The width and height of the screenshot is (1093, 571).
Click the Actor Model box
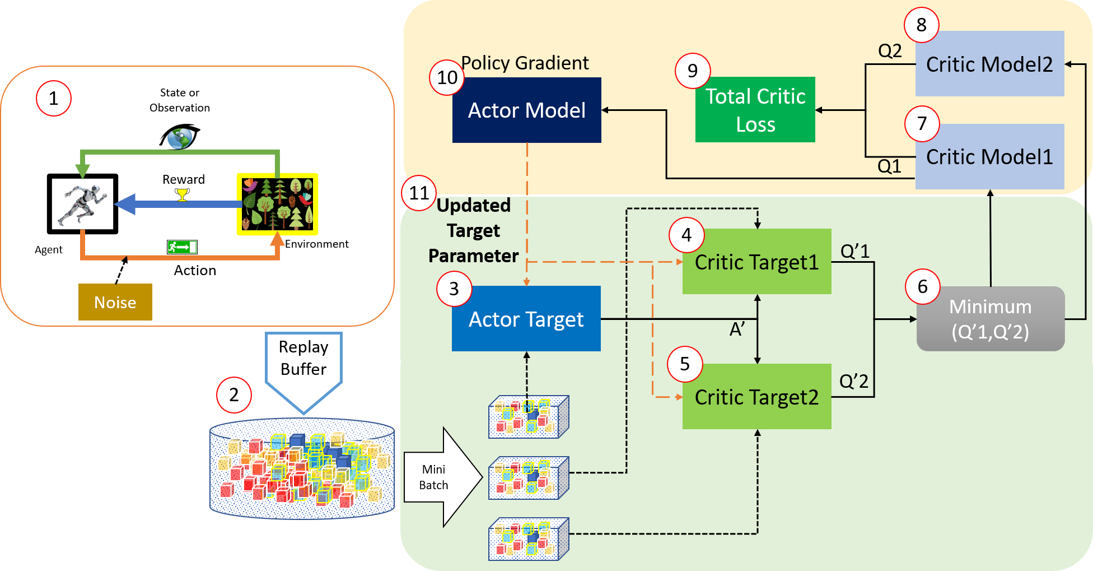(x=526, y=110)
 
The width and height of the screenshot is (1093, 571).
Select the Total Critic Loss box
(x=755, y=110)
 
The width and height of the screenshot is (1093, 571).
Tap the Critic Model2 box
(x=989, y=64)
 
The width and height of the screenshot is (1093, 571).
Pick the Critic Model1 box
(x=989, y=156)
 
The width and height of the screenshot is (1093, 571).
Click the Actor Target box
(x=526, y=319)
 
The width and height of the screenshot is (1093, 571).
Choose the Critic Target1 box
(x=756, y=262)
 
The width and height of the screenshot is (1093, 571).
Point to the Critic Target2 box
(x=756, y=397)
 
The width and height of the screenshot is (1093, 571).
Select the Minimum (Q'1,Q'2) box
(x=990, y=319)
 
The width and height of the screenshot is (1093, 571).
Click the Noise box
(x=115, y=302)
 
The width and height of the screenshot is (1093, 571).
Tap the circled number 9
(x=693, y=71)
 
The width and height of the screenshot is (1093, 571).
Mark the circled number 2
(x=234, y=394)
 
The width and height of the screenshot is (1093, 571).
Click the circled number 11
(x=419, y=193)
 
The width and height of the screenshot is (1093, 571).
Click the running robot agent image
(x=83, y=204)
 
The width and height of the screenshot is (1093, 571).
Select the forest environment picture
(x=277, y=204)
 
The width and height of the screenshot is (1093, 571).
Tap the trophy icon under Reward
(x=182, y=194)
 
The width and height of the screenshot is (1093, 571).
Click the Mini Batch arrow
(x=442, y=477)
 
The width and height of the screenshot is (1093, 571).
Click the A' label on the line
(x=737, y=329)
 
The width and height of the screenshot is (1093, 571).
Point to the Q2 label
(x=890, y=51)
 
